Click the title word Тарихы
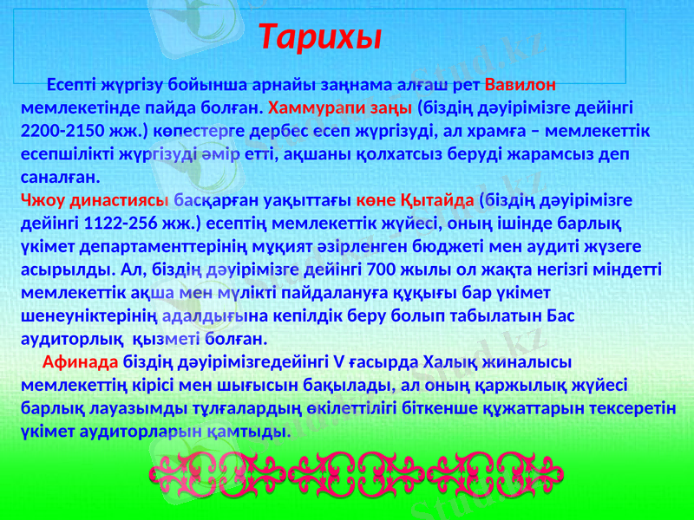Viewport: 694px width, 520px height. [322, 37]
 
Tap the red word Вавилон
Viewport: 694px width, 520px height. [520, 87]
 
